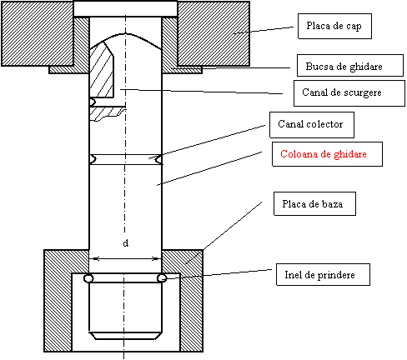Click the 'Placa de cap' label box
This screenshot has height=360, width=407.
[334, 26]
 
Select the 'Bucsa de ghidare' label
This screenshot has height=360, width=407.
[350, 66]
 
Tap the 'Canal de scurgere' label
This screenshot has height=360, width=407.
[349, 93]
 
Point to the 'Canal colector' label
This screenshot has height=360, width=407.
[312, 125]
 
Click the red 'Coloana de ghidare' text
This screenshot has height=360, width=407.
[324, 154]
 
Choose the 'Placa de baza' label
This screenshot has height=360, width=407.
[314, 203]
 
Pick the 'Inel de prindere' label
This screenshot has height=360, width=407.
[323, 274]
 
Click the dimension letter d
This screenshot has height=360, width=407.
[126, 243]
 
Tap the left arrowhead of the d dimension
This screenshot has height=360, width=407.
[95, 259]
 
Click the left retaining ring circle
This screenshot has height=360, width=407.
[88, 278]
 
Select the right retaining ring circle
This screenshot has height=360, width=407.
[162, 278]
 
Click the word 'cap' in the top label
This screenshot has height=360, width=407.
[354, 27]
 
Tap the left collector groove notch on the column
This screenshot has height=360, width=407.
[93, 159]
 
